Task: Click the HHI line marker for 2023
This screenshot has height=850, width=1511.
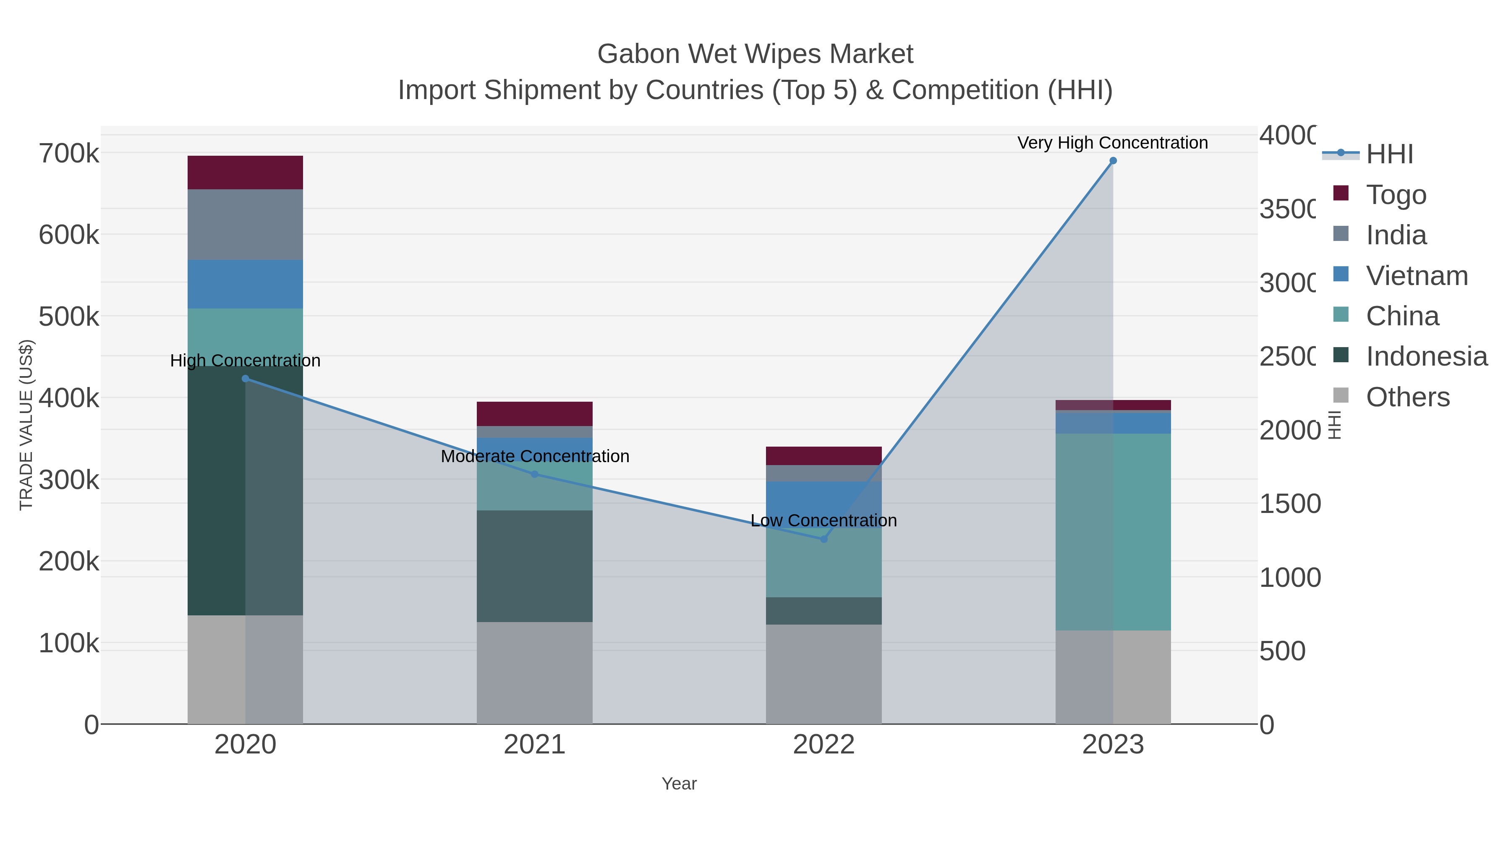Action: (x=1113, y=161)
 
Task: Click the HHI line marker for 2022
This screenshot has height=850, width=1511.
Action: (x=823, y=539)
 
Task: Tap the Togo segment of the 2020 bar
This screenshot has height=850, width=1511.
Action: (x=245, y=173)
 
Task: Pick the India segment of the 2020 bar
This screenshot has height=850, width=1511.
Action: (x=245, y=224)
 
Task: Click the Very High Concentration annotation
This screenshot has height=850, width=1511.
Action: (x=1112, y=143)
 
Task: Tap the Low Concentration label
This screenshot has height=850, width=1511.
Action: (x=823, y=521)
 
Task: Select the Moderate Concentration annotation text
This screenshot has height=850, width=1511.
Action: (x=534, y=456)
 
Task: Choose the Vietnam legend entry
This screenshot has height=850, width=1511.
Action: (x=1416, y=276)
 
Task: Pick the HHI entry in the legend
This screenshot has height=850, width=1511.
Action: (x=1389, y=154)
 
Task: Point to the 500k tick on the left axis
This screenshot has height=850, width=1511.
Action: (x=69, y=317)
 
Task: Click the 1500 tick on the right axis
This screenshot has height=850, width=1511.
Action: (x=1289, y=504)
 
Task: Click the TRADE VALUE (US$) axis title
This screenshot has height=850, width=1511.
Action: (x=26, y=425)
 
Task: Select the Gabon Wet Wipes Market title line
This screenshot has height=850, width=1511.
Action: (x=755, y=54)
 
